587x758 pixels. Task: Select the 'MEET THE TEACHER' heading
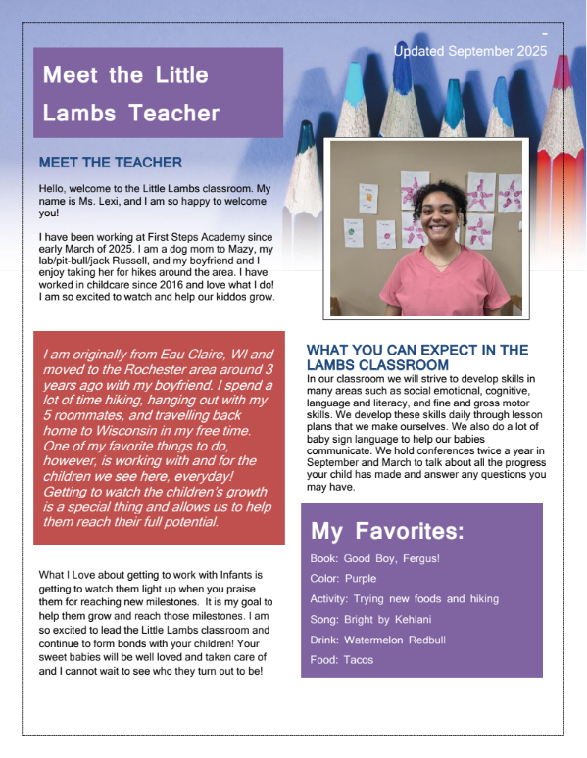pos(110,162)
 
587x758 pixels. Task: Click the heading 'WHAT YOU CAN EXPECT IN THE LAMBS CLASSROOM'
pos(416,356)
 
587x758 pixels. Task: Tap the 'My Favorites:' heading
pos(387,532)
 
